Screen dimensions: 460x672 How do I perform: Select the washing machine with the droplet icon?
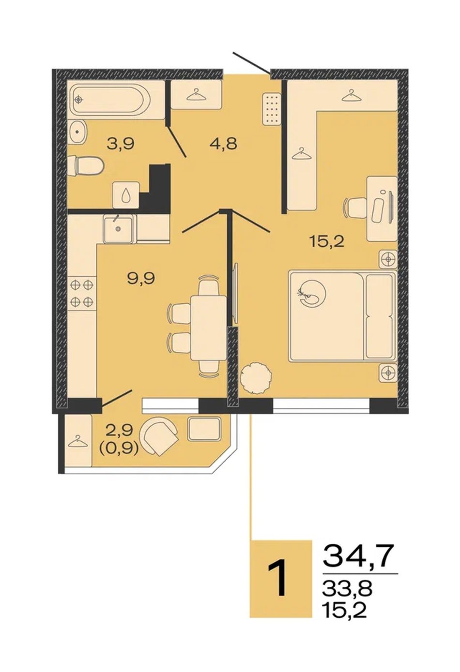[126, 195]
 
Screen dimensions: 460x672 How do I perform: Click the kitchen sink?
[119, 229]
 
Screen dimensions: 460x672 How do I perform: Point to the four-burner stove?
[82, 293]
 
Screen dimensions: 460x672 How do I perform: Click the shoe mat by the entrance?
[272, 108]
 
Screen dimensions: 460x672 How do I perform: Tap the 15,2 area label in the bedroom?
[327, 241]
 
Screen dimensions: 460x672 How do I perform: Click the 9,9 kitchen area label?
[141, 279]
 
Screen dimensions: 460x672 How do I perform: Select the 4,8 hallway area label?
[223, 144]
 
